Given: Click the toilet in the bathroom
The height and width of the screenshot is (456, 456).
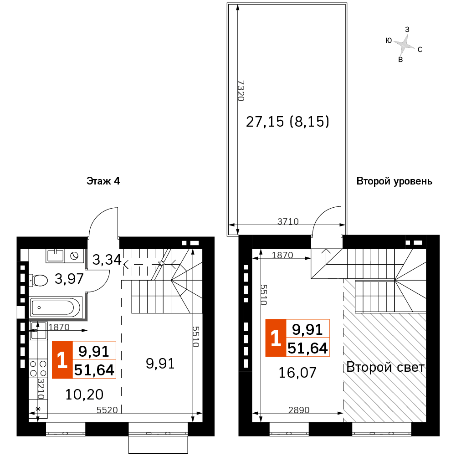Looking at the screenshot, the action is (38, 280).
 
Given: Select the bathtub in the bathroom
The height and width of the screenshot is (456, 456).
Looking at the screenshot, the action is (55, 307).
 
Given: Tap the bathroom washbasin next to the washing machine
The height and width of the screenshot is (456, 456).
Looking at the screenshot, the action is (55, 256).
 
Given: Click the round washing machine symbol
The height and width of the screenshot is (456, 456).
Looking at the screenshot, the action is (74, 256).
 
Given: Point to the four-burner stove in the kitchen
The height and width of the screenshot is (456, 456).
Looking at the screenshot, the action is (38, 368).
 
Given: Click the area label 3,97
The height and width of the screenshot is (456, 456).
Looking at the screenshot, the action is (69, 279).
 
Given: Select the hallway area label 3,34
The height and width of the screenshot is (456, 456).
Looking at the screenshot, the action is (107, 260).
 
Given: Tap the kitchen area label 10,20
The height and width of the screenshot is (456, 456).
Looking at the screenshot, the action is (84, 395).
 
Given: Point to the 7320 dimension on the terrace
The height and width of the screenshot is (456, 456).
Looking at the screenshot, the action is (241, 91).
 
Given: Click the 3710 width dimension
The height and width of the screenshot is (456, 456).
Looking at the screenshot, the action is (288, 221).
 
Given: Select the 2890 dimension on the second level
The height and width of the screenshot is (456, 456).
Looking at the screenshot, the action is (299, 410).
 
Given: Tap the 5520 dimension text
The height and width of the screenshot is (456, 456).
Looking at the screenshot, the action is (107, 410).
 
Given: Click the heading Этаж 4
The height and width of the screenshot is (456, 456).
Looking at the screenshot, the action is (103, 181).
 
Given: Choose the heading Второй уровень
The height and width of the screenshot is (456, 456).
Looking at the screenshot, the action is (395, 181).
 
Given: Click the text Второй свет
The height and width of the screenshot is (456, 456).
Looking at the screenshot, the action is (385, 367).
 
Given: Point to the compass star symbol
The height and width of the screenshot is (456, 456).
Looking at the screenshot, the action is (404, 45).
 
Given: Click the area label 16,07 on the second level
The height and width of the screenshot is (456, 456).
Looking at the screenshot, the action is (297, 373).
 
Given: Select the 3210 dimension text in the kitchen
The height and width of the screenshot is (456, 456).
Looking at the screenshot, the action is (41, 389).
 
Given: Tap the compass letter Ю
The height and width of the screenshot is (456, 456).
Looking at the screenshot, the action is (389, 41).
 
